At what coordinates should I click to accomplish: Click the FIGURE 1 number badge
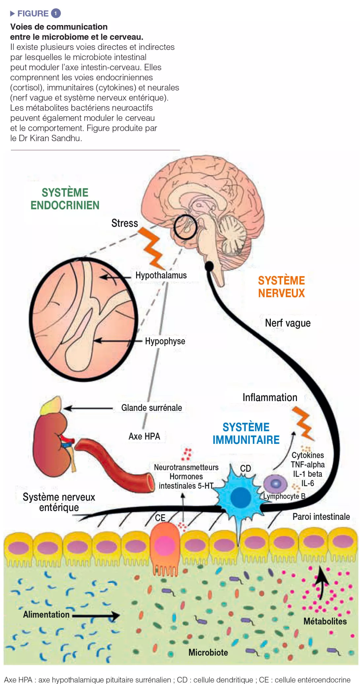point(56,13)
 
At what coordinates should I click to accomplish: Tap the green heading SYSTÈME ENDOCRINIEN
point(65,199)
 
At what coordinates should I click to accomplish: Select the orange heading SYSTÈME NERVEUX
point(281,287)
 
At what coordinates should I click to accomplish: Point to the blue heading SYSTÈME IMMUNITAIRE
point(246,433)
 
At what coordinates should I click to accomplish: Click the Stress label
point(125,223)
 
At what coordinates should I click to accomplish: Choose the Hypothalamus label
point(161,275)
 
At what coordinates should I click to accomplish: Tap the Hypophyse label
point(165,341)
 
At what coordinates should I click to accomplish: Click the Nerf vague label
point(288,323)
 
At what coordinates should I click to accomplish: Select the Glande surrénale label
point(152,408)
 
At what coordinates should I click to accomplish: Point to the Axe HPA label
point(144,436)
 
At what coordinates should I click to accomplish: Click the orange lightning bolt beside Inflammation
point(303,423)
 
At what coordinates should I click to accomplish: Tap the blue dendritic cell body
point(240,497)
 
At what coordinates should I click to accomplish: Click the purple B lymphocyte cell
point(275,484)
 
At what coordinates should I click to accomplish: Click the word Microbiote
point(208,652)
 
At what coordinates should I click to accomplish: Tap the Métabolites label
point(325,621)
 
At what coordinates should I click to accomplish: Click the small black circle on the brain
point(185,227)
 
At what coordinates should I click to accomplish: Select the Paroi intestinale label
point(321,517)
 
